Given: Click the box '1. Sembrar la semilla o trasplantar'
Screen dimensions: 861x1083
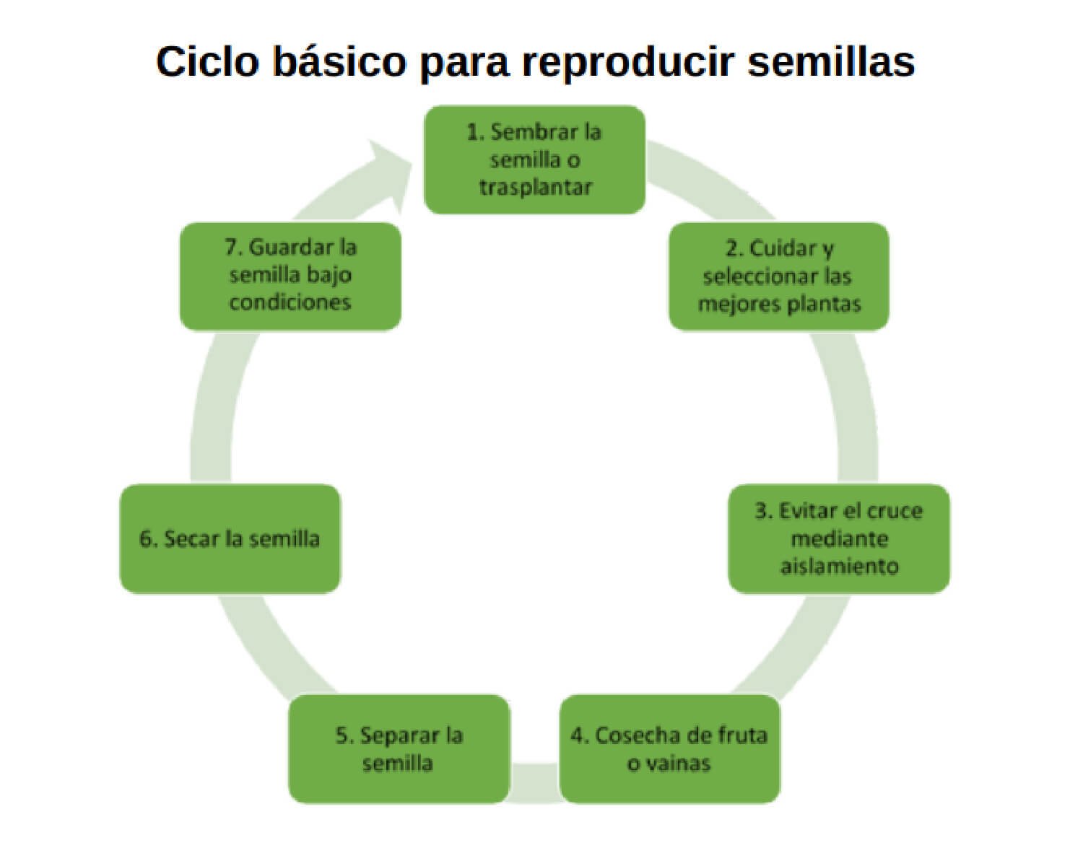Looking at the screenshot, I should click(x=534, y=159).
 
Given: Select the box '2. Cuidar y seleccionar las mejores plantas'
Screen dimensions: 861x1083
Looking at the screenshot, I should click(x=778, y=276).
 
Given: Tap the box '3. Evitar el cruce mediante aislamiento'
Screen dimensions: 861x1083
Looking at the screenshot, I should click(x=838, y=538).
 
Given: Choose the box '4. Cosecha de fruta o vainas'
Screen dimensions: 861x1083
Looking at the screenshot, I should click(x=669, y=748).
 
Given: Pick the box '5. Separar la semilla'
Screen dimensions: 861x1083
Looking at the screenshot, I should click(x=399, y=748).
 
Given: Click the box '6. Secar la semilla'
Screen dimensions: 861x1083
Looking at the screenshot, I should click(x=230, y=538).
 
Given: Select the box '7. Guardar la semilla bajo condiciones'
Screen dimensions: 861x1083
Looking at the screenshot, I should click(x=290, y=276).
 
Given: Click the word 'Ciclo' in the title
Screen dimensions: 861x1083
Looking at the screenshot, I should click(x=207, y=61).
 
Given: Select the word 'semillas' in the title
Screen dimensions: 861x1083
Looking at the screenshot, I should click(x=831, y=61).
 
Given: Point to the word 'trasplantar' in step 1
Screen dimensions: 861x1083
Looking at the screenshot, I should click(x=535, y=187).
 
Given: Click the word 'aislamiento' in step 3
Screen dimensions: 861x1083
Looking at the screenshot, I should click(x=839, y=565).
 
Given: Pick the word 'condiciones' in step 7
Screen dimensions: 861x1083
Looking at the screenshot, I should click(x=290, y=302).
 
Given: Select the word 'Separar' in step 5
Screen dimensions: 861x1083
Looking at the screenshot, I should click(x=400, y=735).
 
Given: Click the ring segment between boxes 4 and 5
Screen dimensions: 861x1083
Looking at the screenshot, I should click(x=534, y=783).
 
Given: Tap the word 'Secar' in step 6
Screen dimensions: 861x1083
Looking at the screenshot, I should click(x=191, y=538).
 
